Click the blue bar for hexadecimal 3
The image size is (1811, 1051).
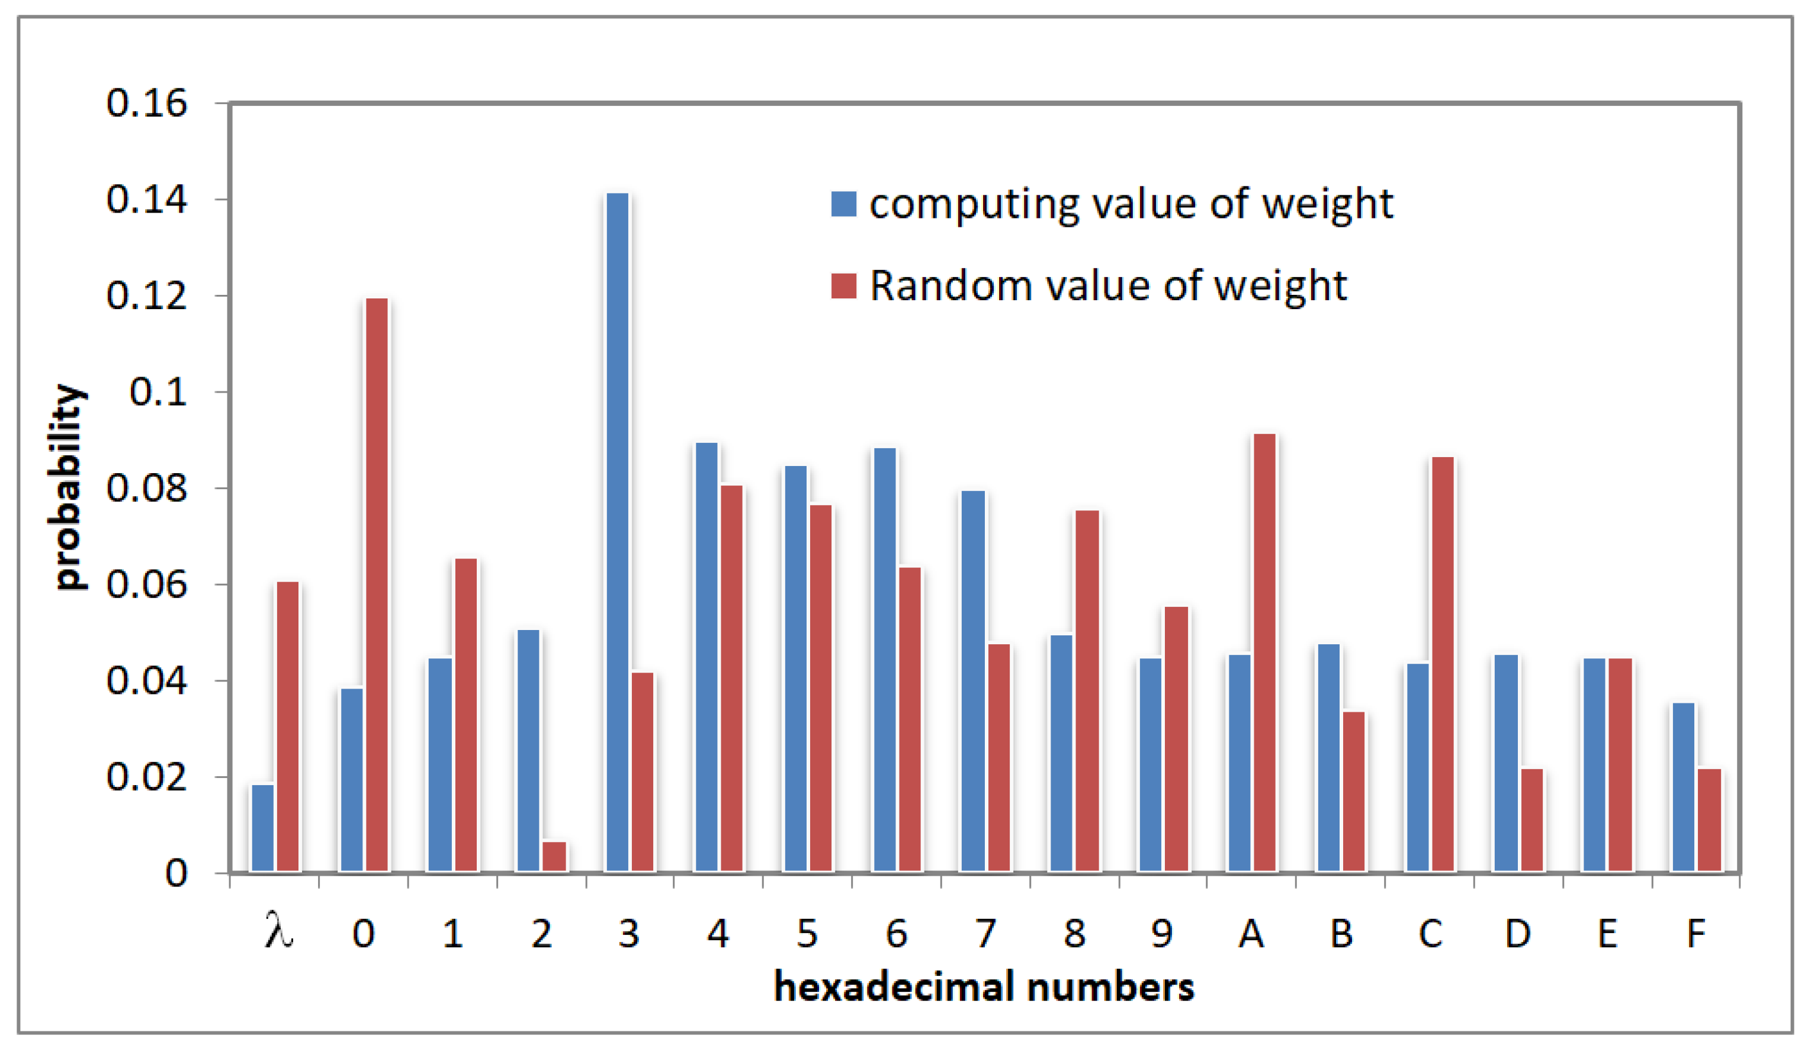(617, 532)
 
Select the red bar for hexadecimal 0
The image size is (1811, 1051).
(377, 585)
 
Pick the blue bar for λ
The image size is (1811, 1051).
(262, 828)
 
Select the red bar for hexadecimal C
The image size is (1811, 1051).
(1442, 664)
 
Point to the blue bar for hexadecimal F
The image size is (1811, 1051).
(1683, 788)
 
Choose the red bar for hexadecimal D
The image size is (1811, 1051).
(1531, 821)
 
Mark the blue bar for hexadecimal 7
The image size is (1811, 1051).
(973, 681)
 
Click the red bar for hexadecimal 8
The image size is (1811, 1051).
(1087, 690)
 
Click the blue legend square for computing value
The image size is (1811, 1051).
(844, 204)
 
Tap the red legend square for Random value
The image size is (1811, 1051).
(844, 286)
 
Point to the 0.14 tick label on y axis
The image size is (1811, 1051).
(147, 200)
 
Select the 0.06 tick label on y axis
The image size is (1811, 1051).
(147, 585)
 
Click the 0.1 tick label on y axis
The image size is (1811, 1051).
(158, 392)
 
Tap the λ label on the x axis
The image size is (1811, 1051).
(278, 932)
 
